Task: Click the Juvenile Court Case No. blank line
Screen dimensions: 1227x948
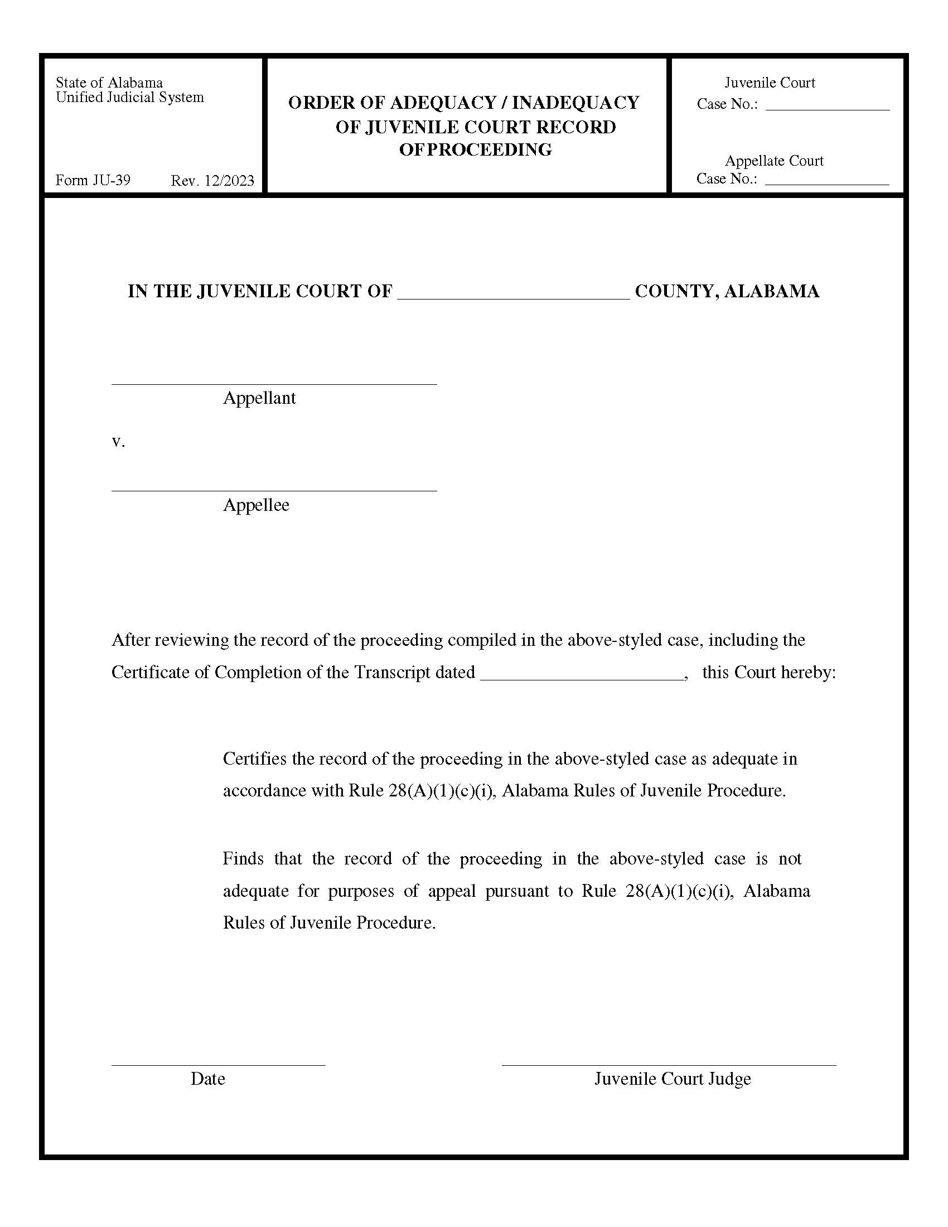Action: click(x=827, y=109)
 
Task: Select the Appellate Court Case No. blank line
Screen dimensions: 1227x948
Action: click(x=826, y=183)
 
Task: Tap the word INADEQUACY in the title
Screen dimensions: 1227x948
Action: click(x=575, y=103)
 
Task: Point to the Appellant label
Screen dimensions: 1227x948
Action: click(x=259, y=398)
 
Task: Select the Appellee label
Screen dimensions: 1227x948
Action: click(x=256, y=505)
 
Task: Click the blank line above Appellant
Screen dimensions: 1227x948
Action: click(x=274, y=383)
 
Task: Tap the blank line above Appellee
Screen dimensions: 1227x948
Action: click(x=274, y=490)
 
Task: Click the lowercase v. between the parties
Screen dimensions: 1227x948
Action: click(x=118, y=442)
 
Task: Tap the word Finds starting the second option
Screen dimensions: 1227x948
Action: click(x=243, y=859)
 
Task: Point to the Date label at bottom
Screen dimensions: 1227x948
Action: click(x=208, y=1079)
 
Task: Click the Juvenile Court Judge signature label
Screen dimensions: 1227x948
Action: click(x=673, y=1079)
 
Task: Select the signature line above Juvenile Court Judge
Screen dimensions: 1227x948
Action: click(x=668, y=1064)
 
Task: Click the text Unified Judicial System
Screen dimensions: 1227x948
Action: click(x=130, y=97)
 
